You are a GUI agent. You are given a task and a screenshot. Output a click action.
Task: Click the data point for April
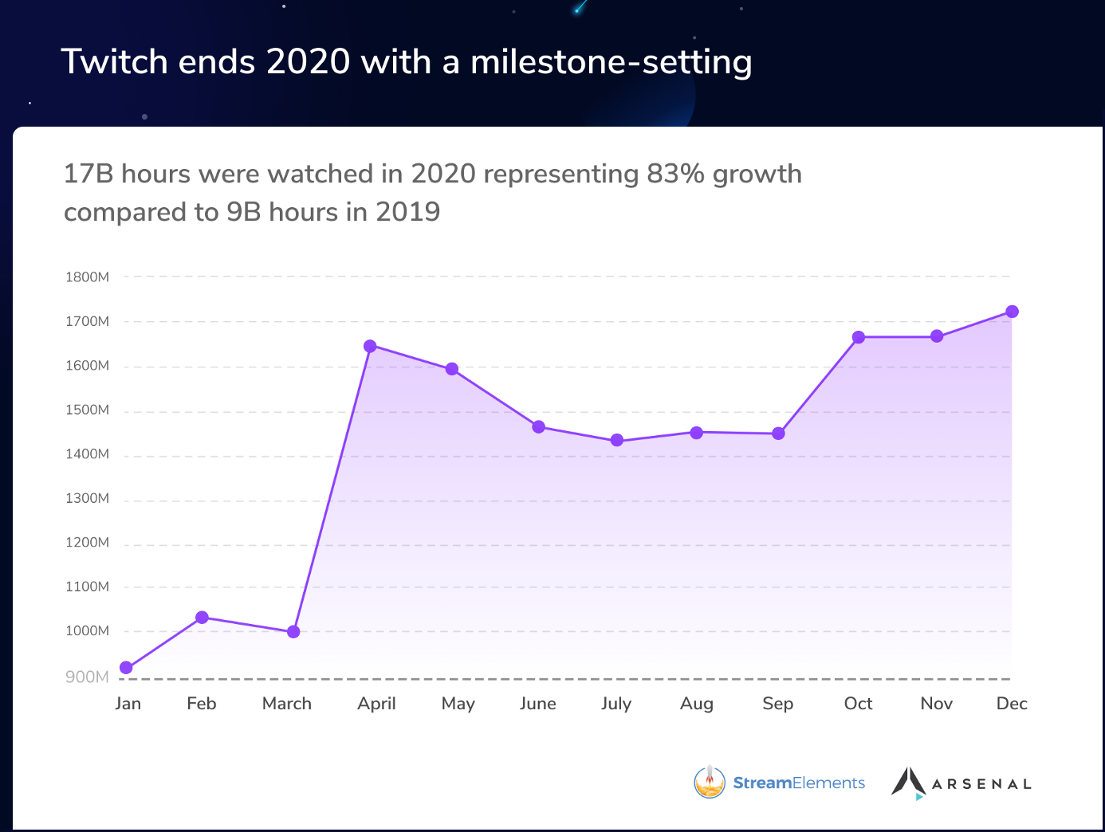pyautogui.click(x=370, y=346)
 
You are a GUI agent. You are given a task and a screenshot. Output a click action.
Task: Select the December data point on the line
pyautogui.click(x=1012, y=312)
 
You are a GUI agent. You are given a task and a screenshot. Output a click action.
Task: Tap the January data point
pyautogui.click(x=126, y=668)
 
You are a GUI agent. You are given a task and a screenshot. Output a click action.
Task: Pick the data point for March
pyautogui.click(x=293, y=632)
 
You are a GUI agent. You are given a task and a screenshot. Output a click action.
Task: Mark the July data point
pyautogui.click(x=616, y=440)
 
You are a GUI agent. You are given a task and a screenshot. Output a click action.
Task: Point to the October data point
pyautogui.click(x=859, y=337)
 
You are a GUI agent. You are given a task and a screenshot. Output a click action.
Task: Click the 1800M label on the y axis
pyautogui.click(x=88, y=277)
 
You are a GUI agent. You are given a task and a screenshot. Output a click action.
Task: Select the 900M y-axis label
pyautogui.click(x=88, y=677)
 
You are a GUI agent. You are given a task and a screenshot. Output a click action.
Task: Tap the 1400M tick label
pyautogui.click(x=88, y=454)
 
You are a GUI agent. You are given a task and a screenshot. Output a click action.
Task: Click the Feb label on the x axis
pyautogui.click(x=202, y=704)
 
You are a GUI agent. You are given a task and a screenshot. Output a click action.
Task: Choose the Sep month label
pyautogui.click(x=778, y=704)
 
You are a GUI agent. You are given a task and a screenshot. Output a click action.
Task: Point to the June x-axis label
pyautogui.click(x=538, y=704)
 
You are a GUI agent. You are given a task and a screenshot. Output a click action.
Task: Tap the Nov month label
pyautogui.click(x=937, y=704)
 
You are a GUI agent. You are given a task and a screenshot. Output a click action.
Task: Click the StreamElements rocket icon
pyautogui.click(x=710, y=782)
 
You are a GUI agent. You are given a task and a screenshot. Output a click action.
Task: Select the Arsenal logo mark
pyautogui.click(x=908, y=783)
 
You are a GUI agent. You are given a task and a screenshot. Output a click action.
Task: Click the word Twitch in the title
pyautogui.click(x=114, y=62)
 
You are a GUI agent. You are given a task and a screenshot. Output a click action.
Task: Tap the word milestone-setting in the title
pyautogui.click(x=611, y=62)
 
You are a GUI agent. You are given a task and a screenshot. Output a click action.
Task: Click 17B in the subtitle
pyautogui.click(x=88, y=174)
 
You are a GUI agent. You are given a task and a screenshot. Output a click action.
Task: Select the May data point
pyautogui.click(x=452, y=369)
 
